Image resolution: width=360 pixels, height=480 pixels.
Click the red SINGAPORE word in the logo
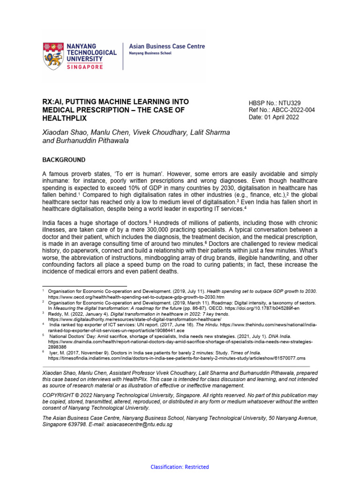[91, 67]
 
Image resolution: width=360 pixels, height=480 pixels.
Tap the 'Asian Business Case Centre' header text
[166, 46]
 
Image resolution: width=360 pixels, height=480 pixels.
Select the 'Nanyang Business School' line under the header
[150, 53]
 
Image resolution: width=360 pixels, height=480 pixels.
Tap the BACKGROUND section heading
[64, 160]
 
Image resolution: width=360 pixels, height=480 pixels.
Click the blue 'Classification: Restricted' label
[180, 467]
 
